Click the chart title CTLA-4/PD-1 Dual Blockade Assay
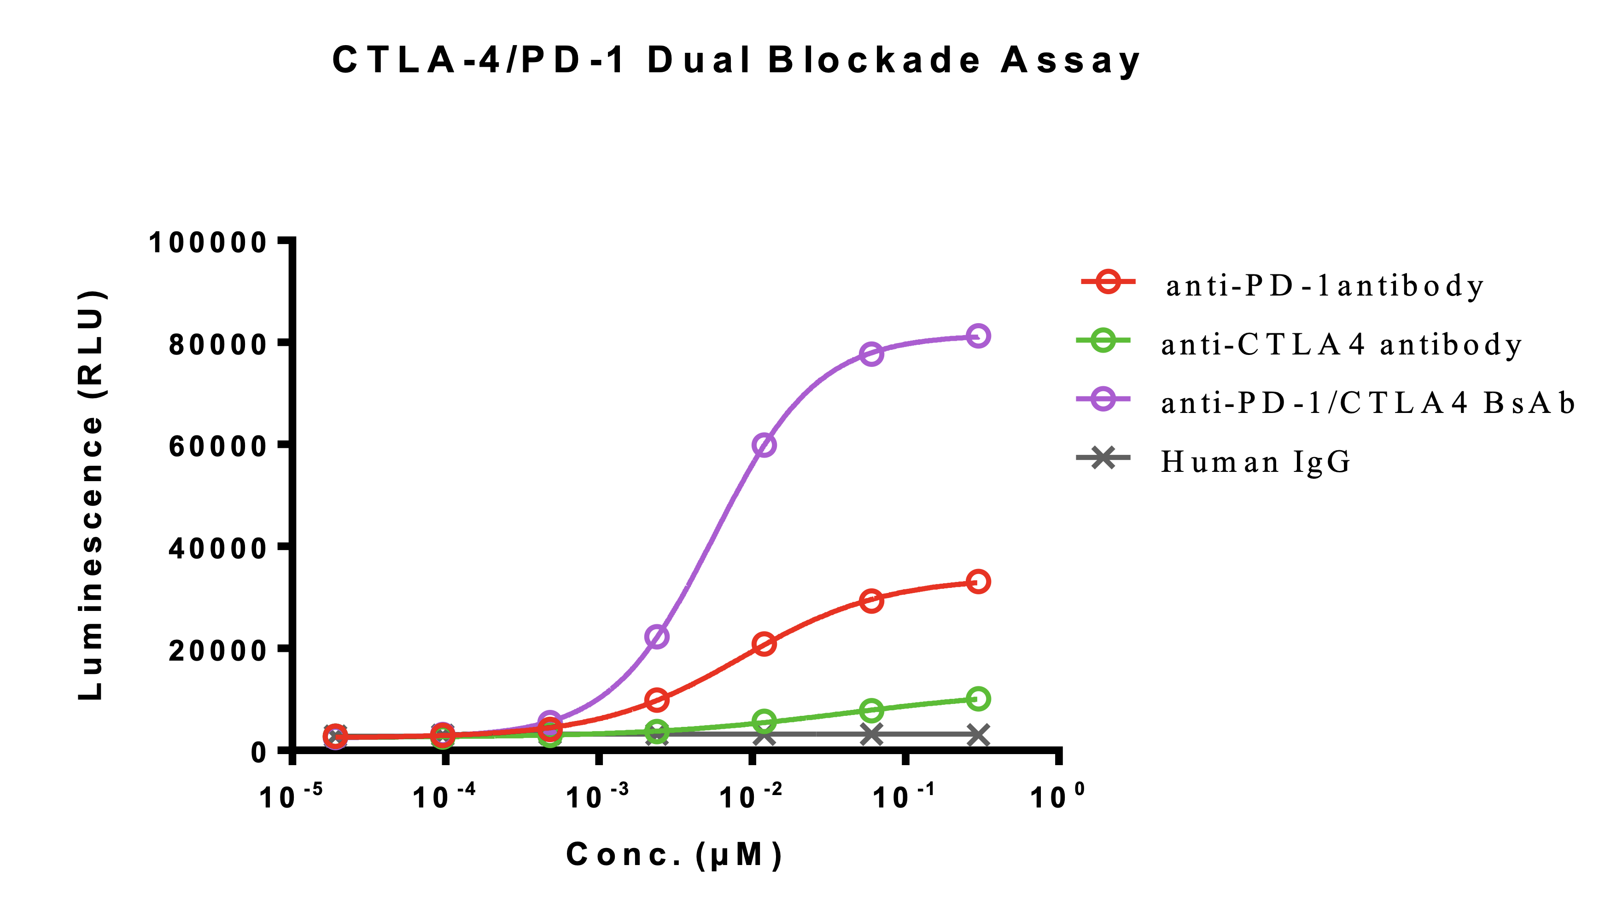[x=736, y=61]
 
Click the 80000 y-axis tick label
[x=218, y=344]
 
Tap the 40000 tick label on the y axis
[x=218, y=548]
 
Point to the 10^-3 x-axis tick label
[x=597, y=796]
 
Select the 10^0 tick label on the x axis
[x=1057, y=796]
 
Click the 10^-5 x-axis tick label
[x=291, y=796]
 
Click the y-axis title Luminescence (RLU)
[x=91, y=495]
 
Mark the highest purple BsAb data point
[x=978, y=336]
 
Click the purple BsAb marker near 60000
[x=764, y=445]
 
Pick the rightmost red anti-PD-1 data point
[x=978, y=581]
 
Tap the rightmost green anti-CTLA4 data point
[x=978, y=698]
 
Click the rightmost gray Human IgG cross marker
[x=978, y=735]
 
